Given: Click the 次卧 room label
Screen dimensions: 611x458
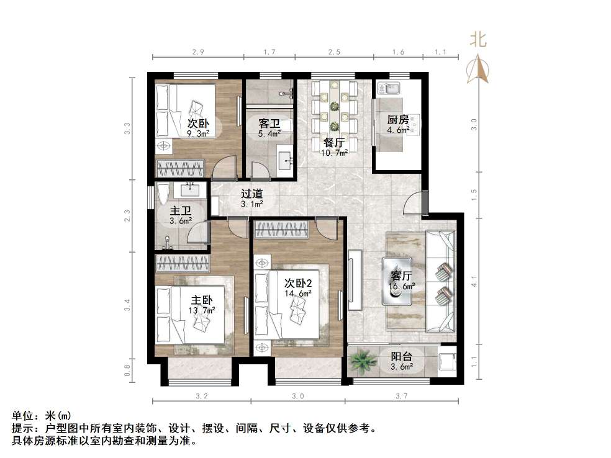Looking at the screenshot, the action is (198, 123).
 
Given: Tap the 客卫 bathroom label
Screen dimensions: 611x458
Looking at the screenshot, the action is (269, 123).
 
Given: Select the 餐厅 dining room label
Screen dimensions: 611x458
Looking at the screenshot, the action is (334, 143).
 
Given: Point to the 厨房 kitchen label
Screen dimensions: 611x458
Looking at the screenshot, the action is (398, 120).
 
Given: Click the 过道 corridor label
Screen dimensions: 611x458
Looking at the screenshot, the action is (251, 194).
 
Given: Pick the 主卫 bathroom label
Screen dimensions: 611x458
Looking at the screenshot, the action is (181, 211).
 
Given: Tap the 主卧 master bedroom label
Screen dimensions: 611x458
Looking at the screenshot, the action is (202, 300).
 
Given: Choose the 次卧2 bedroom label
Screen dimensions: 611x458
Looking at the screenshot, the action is (298, 283).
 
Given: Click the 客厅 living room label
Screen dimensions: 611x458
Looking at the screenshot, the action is (401, 276).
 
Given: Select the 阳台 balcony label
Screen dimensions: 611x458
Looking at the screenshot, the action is (402, 356).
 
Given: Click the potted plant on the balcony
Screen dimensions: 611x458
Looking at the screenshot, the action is (363, 361).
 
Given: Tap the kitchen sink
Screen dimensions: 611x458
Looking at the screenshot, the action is (387, 88).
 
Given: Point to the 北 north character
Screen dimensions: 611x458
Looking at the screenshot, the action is (478, 40).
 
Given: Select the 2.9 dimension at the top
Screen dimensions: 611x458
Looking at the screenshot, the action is (198, 52).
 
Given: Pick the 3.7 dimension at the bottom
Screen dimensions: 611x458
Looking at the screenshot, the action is (401, 396).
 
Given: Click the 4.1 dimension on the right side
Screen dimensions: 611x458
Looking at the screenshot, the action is (474, 281).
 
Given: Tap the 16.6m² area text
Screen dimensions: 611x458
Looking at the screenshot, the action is (402, 287).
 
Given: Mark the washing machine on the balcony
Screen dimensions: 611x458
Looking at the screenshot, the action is (446, 361).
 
